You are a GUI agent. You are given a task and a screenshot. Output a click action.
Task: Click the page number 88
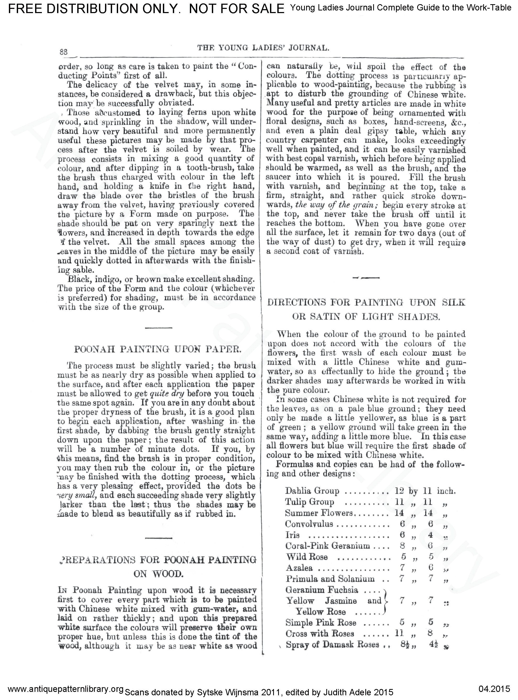[x=64, y=52]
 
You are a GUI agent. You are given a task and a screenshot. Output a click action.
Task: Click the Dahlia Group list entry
[x=312, y=491]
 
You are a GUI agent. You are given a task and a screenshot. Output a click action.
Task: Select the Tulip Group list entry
[x=310, y=502]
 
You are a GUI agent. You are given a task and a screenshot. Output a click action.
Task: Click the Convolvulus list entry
[x=309, y=524]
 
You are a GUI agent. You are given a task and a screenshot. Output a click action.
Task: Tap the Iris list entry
[x=292, y=535]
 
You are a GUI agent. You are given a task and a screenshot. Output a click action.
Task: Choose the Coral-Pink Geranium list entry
[x=327, y=546]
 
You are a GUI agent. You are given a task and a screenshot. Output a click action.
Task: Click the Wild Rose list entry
[x=307, y=557]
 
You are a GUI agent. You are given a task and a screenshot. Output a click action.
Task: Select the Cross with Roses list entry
[x=319, y=633]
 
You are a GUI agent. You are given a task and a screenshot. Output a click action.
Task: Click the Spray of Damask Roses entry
[x=332, y=645]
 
